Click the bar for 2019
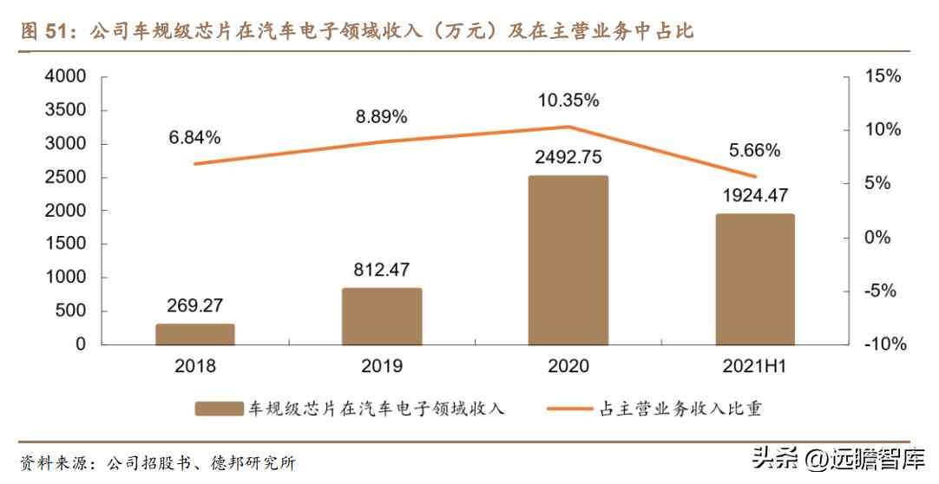coord(382,316)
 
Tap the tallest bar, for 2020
coord(568,260)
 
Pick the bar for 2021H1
coord(754,279)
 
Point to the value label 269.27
coord(195,305)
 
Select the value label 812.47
coord(382,269)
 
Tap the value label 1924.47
coord(754,195)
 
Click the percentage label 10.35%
coord(568,100)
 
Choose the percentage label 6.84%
coord(194,137)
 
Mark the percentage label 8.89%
coord(381,116)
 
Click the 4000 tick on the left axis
coord(65,76)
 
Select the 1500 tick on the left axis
coord(65,244)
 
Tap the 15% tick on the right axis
coord(883,76)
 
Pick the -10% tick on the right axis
coord(885,344)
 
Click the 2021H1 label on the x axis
coord(754,366)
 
